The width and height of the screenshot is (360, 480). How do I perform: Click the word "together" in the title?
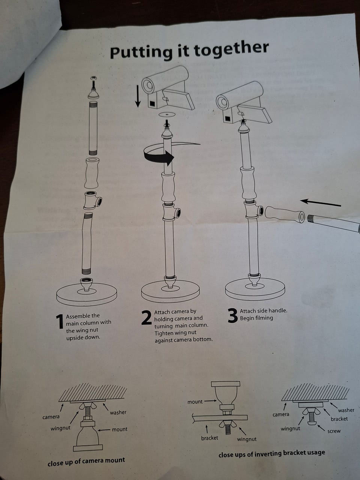click(231, 49)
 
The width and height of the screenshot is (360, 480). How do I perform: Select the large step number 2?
click(147, 317)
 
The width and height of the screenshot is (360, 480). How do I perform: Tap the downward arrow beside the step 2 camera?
click(138, 96)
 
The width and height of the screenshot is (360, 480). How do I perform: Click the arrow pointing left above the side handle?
click(321, 202)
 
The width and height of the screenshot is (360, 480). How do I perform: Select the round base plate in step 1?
click(87, 294)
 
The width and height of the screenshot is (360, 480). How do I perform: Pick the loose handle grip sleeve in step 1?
click(92, 173)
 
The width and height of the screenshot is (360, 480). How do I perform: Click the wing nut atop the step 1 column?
click(93, 78)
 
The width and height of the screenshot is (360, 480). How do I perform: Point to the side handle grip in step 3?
click(285, 214)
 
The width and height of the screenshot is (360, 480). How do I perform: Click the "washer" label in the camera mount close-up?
click(118, 412)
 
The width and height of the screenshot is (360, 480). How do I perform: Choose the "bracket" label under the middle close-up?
click(209, 438)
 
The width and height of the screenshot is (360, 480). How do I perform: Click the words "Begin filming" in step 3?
click(256, 318)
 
